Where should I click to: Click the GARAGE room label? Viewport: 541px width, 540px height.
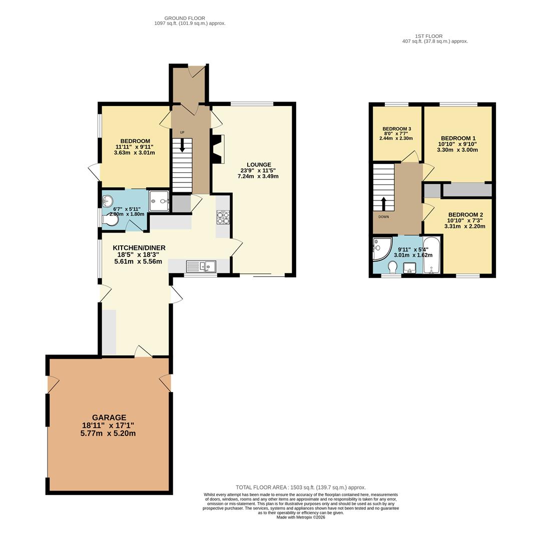click(109, 417)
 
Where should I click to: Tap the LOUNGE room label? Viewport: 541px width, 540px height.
click(259, 164)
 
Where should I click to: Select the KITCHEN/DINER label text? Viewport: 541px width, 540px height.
click(139, 248)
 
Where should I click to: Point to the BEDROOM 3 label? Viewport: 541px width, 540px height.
click(396, 128)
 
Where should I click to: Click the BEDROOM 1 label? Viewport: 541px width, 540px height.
click(458, 138)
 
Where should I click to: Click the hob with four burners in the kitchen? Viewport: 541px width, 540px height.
click(223, 217)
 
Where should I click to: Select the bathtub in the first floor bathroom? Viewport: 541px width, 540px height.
click(431, 255)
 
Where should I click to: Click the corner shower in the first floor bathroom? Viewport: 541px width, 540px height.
click(380, 248)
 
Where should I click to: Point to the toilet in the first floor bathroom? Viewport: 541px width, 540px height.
click(393, 268)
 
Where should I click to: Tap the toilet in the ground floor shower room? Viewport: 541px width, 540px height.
click(111, 219)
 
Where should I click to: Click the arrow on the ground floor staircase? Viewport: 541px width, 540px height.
click(182, 145)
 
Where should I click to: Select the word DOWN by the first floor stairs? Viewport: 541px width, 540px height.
click(383, 217)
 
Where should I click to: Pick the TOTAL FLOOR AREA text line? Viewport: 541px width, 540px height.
click(300, 487)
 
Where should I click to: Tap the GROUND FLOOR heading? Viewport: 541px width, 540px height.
click(185, 18)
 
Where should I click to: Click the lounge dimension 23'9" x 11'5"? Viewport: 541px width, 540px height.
click(259, 170)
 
